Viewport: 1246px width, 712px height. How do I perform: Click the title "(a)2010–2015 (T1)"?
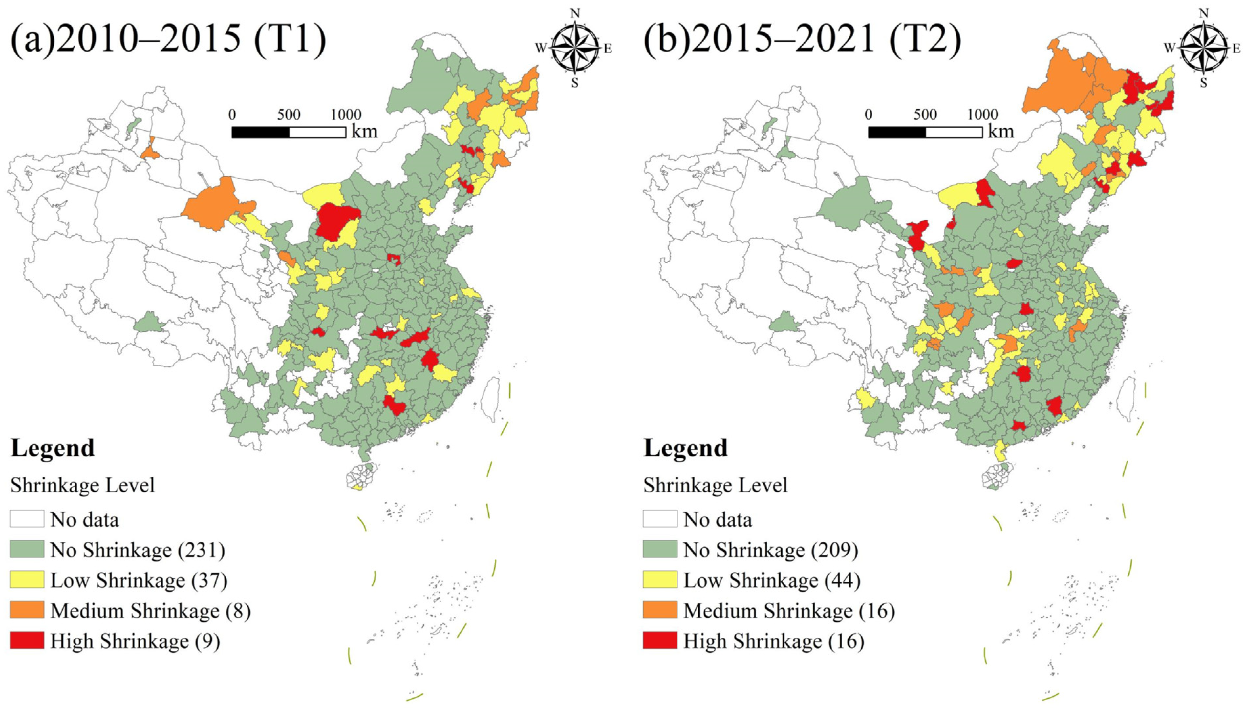point(168,39)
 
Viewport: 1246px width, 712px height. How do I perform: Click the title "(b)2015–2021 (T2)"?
point(802,39)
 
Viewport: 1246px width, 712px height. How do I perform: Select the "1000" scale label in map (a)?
point(346,115)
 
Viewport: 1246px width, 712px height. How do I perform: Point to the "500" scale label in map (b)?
point(925,115)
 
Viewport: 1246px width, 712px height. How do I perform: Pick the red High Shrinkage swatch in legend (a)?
point(27,640)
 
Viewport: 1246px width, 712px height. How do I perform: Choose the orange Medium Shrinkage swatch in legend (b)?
point(660,610)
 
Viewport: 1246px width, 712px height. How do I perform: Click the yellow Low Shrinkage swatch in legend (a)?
point(27,579)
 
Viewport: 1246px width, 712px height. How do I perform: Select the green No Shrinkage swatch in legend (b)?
point(660,549)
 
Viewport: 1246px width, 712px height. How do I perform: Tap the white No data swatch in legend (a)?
point(27,519)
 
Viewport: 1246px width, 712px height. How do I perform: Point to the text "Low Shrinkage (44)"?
point(771,580)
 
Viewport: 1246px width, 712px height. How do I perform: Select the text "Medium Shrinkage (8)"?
point(150,611)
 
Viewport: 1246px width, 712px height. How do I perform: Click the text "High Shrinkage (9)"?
point(135,641)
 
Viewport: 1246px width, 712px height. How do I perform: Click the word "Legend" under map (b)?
point(685,448)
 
